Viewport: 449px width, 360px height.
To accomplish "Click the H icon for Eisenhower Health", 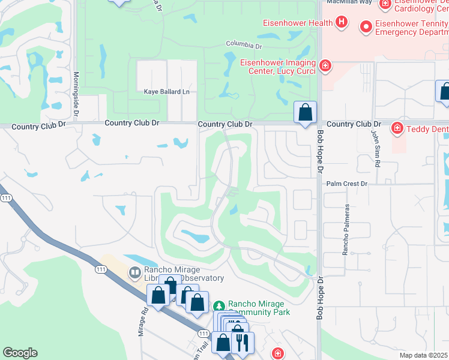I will click(342, 23).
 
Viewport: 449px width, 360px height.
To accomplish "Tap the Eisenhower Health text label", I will click(298, 23).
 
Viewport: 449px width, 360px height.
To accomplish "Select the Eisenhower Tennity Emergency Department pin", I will click(365, 26).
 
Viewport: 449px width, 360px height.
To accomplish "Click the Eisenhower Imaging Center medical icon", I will click(325, 65).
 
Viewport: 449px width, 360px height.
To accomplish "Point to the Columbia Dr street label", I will click(244, 44).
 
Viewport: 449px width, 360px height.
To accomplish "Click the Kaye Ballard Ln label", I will click(166, 92).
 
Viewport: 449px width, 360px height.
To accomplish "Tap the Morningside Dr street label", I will click(76, 90).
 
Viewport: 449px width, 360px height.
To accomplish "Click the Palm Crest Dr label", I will click(347, 184).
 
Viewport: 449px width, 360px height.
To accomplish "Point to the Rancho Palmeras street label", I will click(346, 230).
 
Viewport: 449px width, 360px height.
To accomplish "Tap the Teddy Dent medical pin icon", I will click(397, 128).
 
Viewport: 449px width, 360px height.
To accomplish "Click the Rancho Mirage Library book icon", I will click(134, 273).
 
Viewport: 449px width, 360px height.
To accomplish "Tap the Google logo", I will click(20, 353).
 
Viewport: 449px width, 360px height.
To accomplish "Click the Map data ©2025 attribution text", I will click(423, 355).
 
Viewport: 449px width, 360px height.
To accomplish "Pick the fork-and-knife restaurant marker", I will click(243, 343).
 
